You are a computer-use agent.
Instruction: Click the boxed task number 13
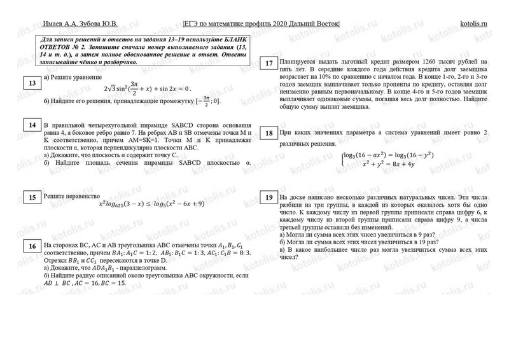31,83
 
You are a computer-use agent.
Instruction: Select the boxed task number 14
31,125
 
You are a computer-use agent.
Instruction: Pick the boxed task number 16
31,246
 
